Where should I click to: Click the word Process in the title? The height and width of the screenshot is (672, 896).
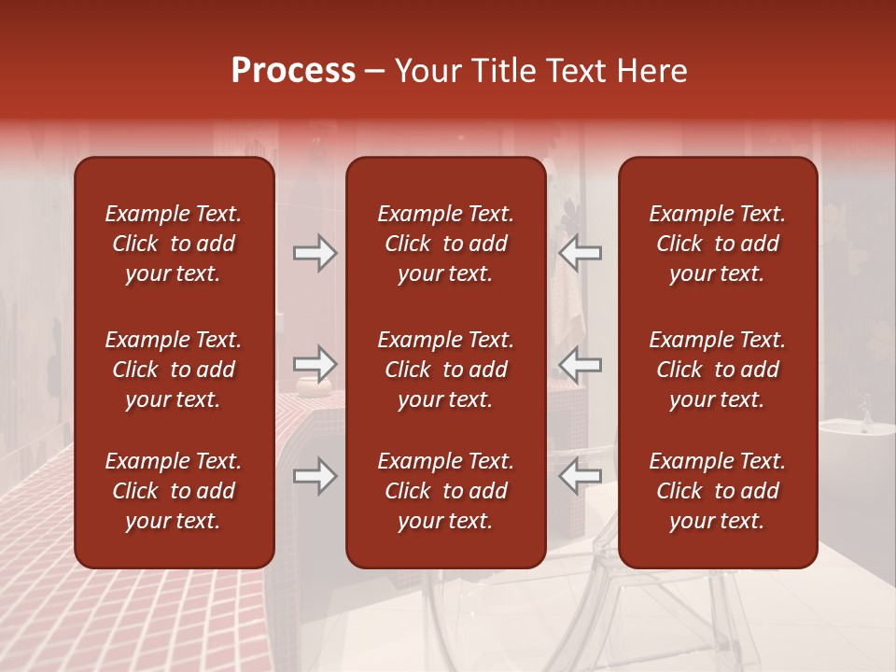[293, 71]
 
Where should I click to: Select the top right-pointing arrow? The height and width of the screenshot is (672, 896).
[315, 253]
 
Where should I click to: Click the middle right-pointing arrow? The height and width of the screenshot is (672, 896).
[315, 364]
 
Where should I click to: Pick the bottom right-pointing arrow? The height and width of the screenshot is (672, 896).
[315, 476]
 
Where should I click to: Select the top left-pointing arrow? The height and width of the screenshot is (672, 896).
[581, 253]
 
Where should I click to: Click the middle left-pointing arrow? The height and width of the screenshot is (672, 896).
[581, 364]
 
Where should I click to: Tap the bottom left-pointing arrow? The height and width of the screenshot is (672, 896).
[581, 476]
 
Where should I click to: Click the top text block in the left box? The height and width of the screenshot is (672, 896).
[174, 244]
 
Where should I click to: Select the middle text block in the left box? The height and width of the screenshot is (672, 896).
[174, 370]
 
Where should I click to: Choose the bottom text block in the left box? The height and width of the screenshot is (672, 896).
[174, 491]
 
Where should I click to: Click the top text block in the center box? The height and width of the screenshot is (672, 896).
[445, 244]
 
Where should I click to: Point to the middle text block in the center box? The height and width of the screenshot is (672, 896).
[445, 370]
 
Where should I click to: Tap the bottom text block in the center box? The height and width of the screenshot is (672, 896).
[445, 491]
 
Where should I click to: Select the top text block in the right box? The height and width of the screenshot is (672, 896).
[717, 244]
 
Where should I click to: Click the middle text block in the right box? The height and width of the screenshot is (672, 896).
[717, 370]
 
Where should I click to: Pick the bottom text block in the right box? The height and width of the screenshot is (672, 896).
[717, 491]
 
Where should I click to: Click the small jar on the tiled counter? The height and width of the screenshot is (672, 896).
[309, 385]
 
